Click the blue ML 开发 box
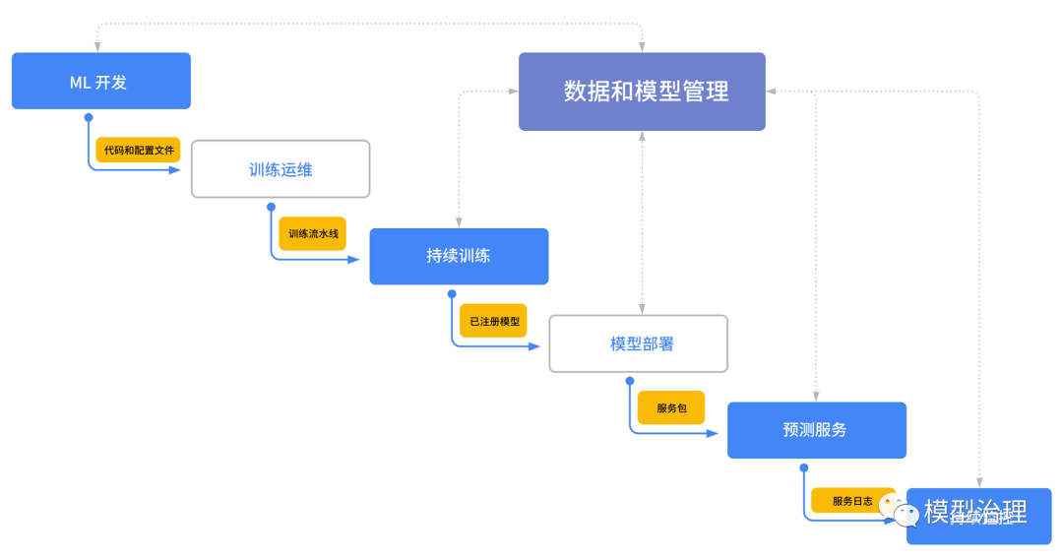pos(100,81)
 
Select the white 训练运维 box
pos(280,169)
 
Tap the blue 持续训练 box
pos(459,256)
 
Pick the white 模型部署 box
pos(638,343)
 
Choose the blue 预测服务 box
pos(816,430)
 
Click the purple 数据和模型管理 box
pos(642,92)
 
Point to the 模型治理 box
pos(978,516)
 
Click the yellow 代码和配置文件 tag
pos(139,151)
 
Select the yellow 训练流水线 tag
pos(313,234)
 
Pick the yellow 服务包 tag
pos(671,407)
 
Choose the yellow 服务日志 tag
pos(852,500)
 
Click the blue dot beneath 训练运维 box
pos(271,207)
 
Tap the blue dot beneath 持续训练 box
pos(451,293)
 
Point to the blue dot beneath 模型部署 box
pos(630,381)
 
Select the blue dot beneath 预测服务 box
pos(804,467)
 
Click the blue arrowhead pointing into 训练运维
pos(176,169)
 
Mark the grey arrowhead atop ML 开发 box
pos(96,45)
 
